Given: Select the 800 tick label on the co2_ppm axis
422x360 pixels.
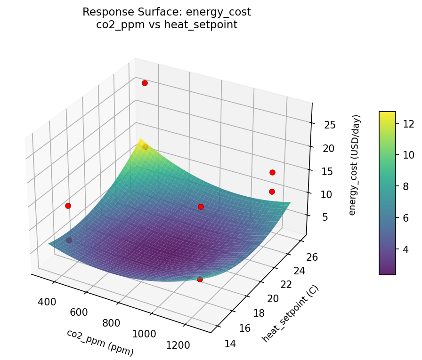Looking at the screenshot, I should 110,323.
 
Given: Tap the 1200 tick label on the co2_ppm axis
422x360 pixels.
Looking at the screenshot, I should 178,344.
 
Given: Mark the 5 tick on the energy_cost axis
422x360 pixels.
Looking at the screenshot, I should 322,217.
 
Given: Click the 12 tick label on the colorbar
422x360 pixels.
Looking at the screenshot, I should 408,124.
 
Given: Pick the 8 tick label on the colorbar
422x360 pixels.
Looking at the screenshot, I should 405,186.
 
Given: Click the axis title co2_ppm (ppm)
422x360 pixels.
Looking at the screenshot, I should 100,342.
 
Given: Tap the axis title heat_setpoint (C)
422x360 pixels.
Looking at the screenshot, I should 290,314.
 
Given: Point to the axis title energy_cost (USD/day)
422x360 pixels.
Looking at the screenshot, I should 356,165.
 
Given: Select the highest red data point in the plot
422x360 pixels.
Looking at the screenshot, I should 145,83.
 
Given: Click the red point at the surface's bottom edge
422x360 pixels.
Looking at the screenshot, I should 200,279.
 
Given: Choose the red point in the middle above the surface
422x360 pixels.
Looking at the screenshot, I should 201,207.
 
